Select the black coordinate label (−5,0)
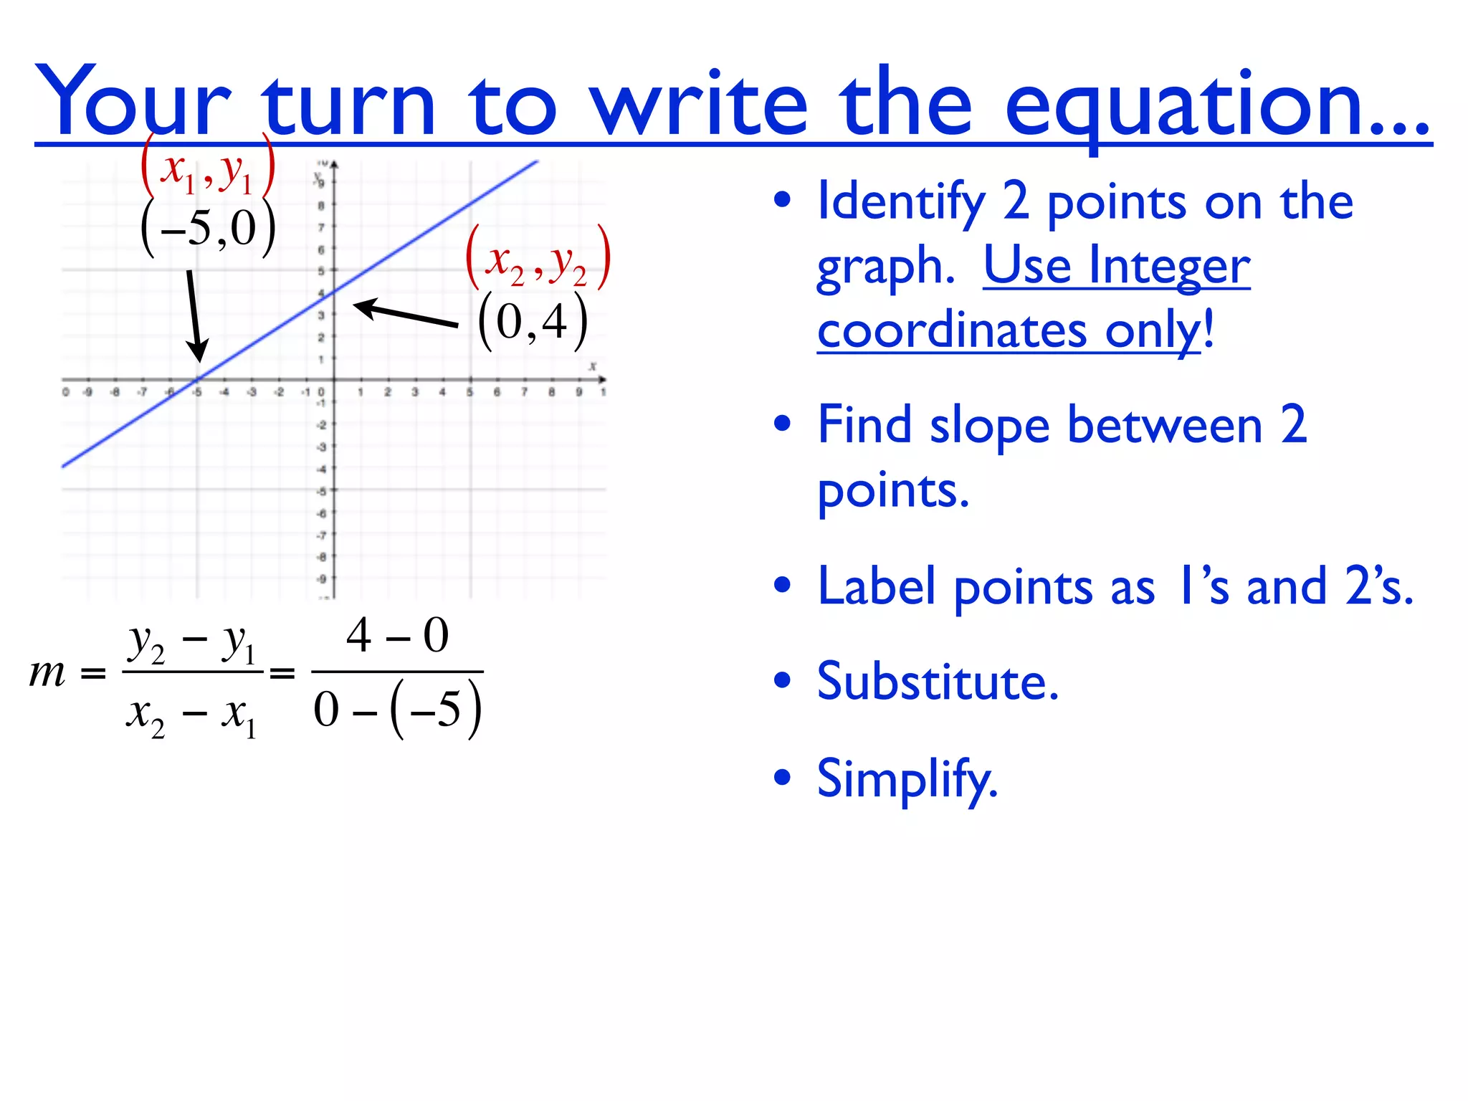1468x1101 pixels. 208,229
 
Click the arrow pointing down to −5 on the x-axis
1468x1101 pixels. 194,315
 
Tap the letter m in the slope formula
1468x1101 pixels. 47,673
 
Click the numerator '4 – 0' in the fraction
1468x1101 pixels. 397,636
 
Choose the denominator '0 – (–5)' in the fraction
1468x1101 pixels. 397,709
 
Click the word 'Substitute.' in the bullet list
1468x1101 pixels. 938,682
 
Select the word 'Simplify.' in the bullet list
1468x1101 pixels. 907,779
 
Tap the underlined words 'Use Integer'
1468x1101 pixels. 1116,266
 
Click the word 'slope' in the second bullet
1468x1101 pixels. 989,426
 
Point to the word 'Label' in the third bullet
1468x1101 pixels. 876,586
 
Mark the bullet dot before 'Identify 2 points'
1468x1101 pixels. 782,200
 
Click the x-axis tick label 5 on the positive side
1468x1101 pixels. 470,392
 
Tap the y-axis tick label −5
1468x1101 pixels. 322,491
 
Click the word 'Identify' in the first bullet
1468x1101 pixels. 901,202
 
